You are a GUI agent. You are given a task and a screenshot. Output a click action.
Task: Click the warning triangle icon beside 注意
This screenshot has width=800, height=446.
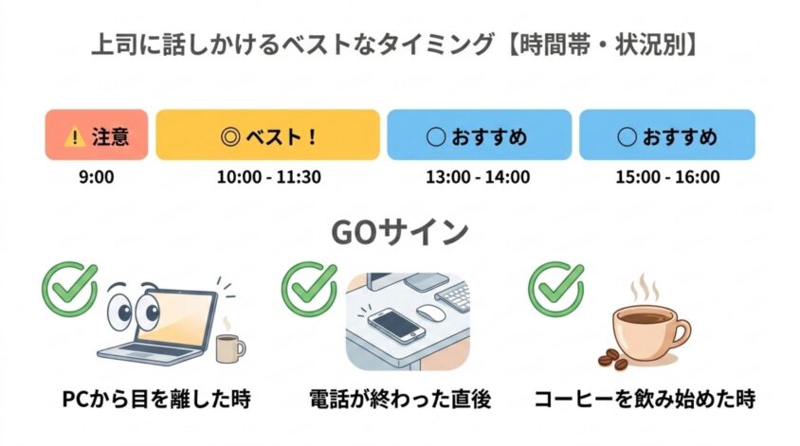click(75, 136)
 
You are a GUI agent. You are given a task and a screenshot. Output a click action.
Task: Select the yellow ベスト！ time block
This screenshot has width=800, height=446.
click(268, 134)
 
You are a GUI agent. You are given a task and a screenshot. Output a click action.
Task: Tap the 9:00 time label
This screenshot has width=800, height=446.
click(97, 177)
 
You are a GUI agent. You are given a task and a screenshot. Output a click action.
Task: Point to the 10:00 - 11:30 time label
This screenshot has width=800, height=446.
click(269, 177)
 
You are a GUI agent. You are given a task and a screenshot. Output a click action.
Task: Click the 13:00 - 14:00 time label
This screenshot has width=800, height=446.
click(478, 177)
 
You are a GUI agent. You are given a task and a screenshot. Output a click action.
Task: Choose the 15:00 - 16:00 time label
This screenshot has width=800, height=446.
click(668, 177)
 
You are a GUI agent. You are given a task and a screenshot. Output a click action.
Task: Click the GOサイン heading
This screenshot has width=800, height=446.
click(400, 232)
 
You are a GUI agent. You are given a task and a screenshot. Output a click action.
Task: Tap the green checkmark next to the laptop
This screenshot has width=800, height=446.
click(70, 289)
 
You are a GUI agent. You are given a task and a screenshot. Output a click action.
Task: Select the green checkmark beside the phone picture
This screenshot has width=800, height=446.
click(309, 289)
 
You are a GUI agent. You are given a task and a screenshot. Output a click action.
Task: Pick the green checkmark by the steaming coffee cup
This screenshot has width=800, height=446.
click(555, 289)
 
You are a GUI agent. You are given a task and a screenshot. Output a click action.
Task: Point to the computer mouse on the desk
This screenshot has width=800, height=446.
click(430, 312)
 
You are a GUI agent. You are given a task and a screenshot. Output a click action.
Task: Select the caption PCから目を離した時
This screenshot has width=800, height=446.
click(156, 399)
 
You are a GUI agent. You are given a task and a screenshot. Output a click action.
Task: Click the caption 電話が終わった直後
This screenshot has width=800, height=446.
click(401, 399)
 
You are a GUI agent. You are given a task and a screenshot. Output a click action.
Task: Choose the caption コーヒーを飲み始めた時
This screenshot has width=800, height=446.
click(645, 399)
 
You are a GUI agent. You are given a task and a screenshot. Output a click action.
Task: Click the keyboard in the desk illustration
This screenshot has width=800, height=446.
click(453, 296)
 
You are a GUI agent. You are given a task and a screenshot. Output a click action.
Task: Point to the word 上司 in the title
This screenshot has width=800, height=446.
click(112, 45)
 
